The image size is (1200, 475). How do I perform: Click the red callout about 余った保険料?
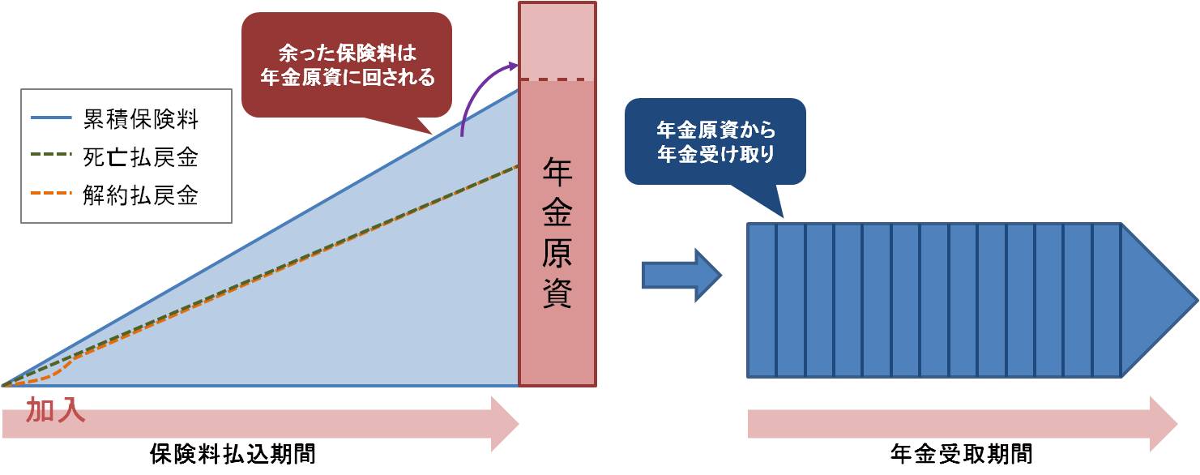click(x=347, y=66)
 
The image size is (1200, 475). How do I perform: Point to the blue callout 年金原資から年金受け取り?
click(x=715, y=142)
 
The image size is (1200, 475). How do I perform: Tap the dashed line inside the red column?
click(x=557, y=79)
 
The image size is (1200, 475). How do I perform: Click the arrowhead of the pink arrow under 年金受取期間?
click(x=1163, y=422)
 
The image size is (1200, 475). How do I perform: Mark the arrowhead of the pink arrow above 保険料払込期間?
click(x=504, y=422)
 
